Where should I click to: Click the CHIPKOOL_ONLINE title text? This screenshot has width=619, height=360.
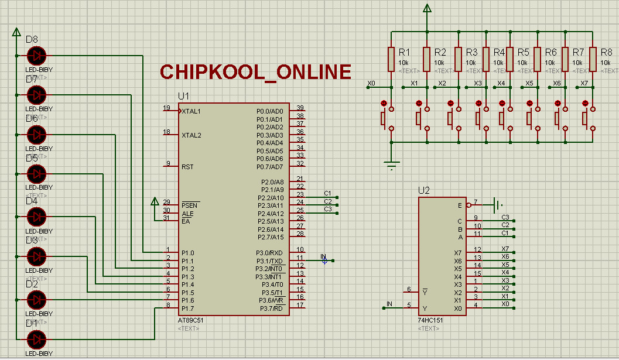(256, 72)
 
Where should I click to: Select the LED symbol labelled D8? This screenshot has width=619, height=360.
(36, 56)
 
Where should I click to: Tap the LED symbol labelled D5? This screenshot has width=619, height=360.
(36, 174)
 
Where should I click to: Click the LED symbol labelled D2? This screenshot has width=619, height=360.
(36, 300)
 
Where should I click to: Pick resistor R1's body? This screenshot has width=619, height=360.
(391, 59)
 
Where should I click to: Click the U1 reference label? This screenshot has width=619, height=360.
(184, 96)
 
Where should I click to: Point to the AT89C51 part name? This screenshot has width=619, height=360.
(191, 321)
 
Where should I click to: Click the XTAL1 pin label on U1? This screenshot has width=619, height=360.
(191, 111)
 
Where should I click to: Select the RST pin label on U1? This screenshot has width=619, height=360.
(187, 167)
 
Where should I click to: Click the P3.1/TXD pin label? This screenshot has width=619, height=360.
(269, 261)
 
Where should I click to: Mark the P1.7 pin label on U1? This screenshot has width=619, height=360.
(187, 308)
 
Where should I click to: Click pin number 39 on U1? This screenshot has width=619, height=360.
(300, 108)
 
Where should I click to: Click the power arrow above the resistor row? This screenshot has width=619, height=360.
(428, 9)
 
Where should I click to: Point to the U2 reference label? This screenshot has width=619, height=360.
(424, 190)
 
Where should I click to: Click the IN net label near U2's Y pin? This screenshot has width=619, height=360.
(389, 303)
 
